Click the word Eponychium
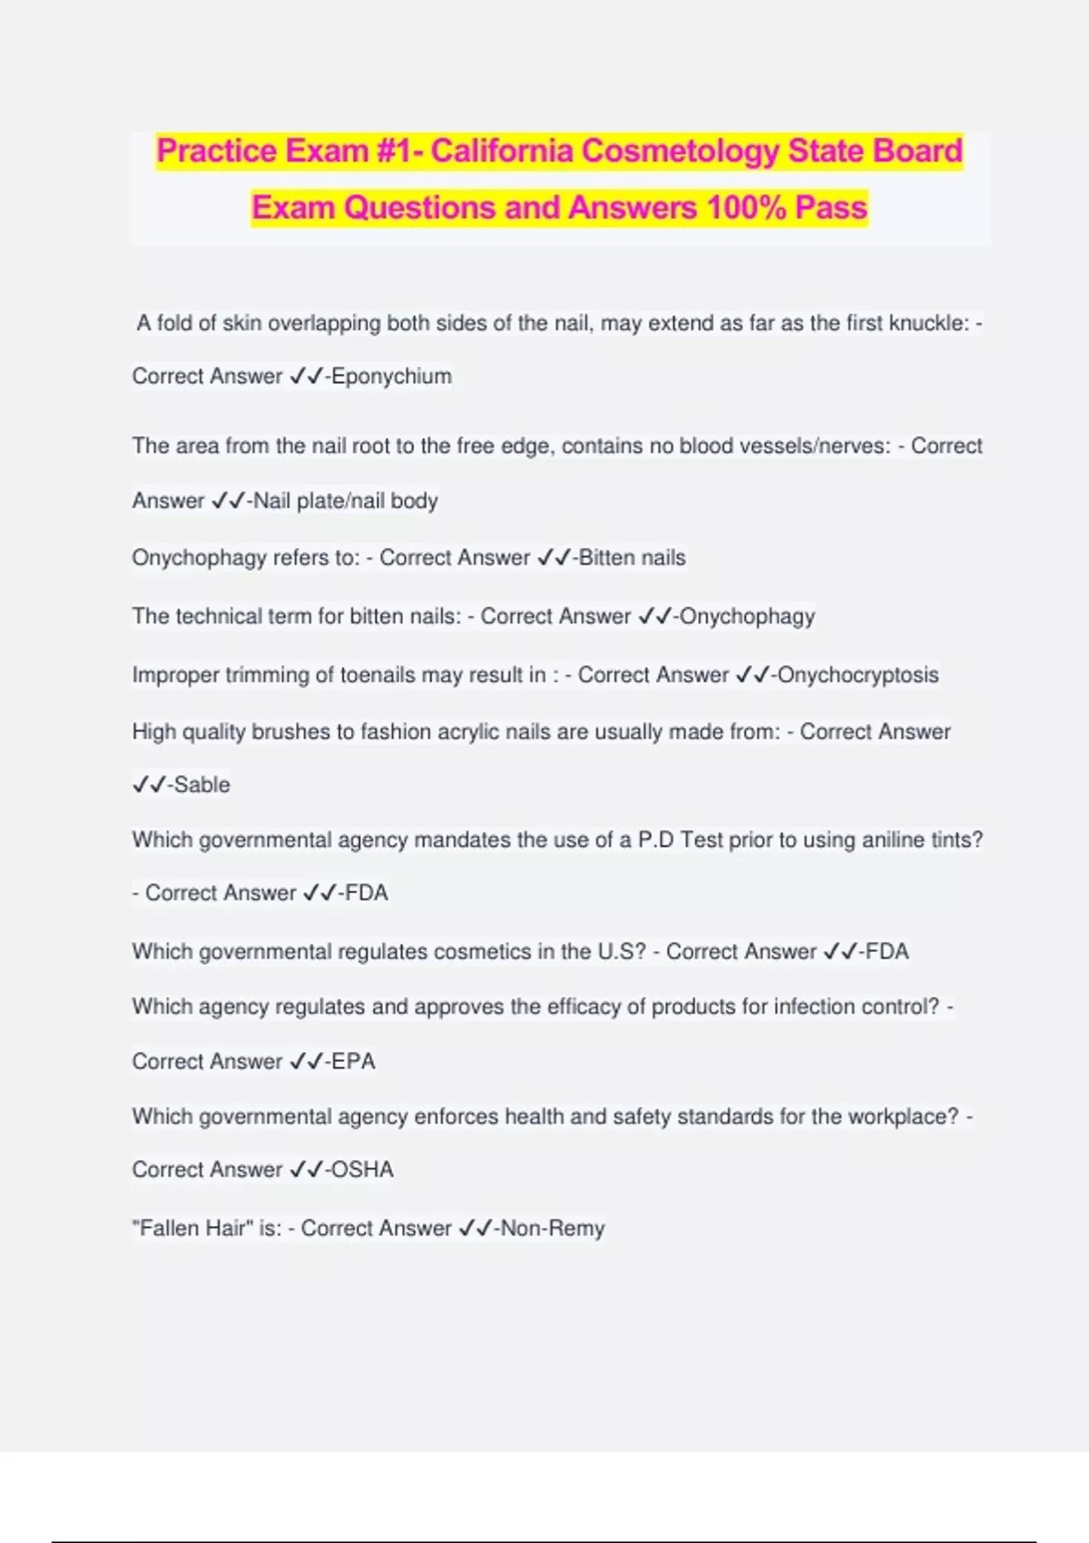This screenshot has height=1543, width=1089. [x=391, y=377]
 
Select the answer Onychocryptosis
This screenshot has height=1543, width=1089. [x=858, y=675]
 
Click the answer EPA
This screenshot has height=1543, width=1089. [x=353, y=1061]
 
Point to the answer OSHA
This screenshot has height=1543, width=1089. [x=362, y=1170]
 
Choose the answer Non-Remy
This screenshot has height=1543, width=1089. [x=553, y=1229]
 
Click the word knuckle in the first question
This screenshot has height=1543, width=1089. [x=927, y=323]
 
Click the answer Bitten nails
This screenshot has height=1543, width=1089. [x=632, y=557]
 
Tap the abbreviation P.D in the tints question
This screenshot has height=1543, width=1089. [x=656, y=840]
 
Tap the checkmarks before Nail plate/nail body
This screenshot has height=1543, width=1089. [x=228, y=501]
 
